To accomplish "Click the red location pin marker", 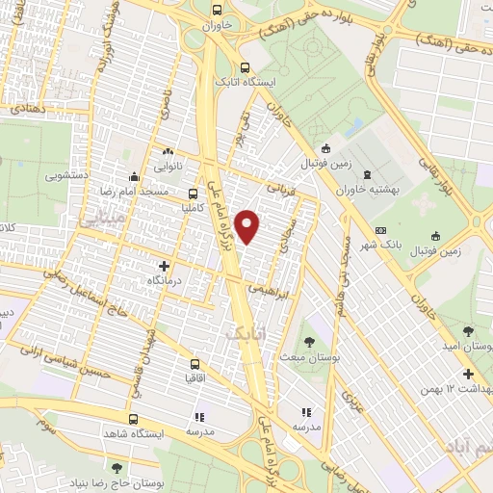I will pos(248,227).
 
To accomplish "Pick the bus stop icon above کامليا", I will pos(194,194).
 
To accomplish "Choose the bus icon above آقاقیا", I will pos(195,365).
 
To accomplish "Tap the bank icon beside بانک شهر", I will pos(380,231).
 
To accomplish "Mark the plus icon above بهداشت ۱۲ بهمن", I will pos(468,374).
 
